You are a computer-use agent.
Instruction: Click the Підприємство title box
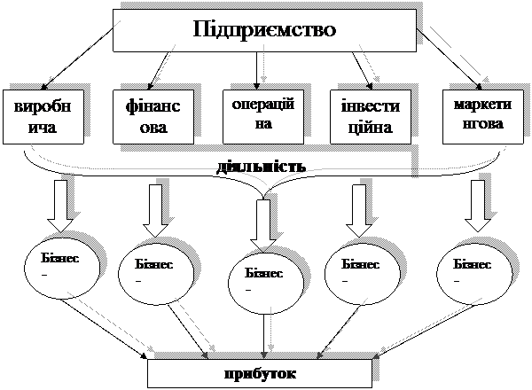(264, 31)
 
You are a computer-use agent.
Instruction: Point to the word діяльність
(262, 166)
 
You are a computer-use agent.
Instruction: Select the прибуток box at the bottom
(264, 372)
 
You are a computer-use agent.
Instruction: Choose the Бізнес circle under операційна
(263, 280)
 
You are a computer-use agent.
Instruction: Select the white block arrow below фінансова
(156, 205)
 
